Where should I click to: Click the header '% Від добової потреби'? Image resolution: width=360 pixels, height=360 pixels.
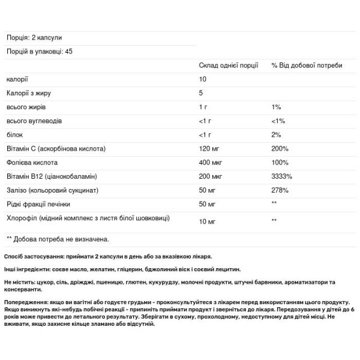pos(307,65)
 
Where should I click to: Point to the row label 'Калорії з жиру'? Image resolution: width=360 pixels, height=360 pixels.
pos(28,93)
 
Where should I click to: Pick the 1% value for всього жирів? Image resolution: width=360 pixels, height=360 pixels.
pos(276,107)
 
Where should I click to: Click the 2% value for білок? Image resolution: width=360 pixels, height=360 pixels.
pos(276,134)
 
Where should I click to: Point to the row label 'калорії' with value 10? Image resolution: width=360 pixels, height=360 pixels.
pos(17,79)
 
